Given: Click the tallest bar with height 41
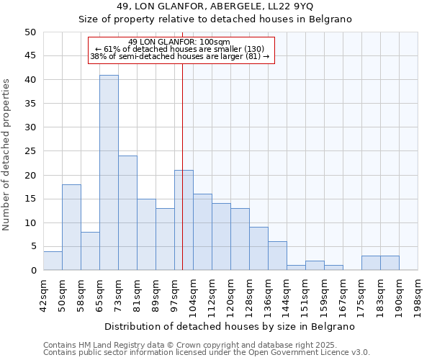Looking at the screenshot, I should [109, 173].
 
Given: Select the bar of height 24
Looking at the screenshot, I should [127, 213].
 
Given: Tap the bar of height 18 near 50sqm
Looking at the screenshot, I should [71, 228].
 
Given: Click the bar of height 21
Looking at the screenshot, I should [184, 220].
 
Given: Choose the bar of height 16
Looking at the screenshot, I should [202, 232].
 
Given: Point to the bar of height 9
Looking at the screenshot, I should [258, 248].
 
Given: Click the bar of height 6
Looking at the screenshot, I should [277, 256].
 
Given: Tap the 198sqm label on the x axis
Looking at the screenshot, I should [418, 296].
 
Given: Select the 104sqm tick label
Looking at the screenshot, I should [193, 296].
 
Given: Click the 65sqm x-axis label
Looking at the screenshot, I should [99, 296].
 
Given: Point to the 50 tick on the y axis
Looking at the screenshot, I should [30, 32].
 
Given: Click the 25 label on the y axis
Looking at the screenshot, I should [30, 151].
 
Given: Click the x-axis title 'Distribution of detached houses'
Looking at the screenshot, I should [230, 326].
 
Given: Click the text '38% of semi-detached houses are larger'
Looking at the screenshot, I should [179, 56].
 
